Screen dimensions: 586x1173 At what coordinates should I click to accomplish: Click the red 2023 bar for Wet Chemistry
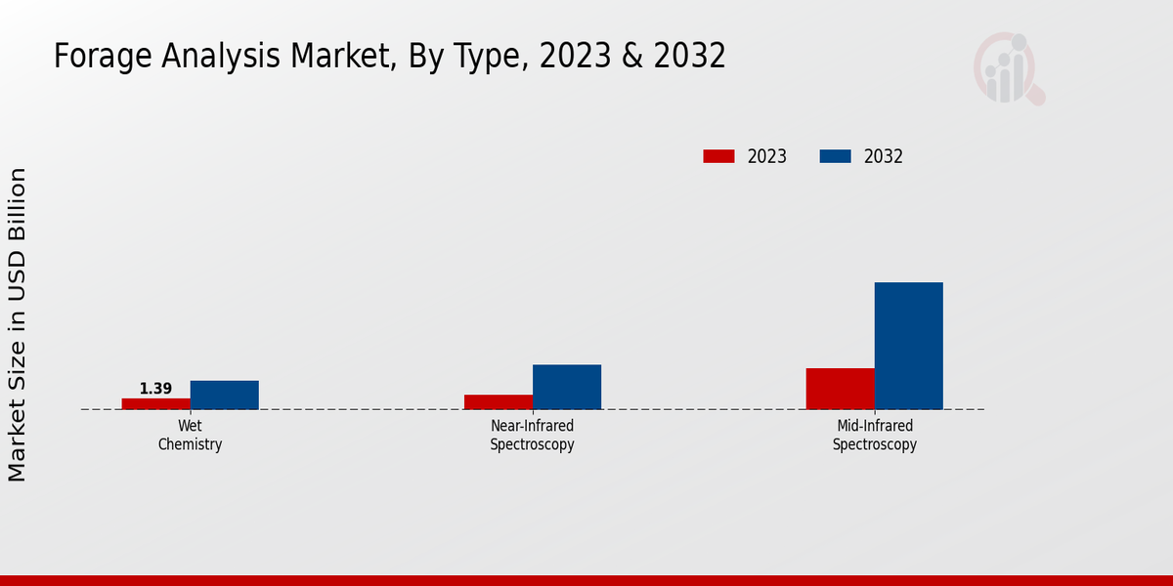pos(156,403)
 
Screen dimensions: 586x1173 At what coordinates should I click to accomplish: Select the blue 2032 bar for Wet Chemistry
pos(225,395)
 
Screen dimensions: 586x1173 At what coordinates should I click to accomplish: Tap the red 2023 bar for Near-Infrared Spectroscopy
pos(499,401)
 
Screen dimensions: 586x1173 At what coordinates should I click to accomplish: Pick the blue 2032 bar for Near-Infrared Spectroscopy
pos(567,387)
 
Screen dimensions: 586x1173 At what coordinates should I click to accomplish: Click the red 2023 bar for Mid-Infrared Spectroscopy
pos(841,389)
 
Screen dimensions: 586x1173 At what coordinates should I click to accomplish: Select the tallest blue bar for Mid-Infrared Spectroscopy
pos(909,346)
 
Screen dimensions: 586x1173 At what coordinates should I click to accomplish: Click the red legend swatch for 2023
pos(718,156)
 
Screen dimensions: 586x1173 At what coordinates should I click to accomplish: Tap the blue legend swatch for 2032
pos(835,156)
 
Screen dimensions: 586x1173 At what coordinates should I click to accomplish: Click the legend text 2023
pos(767,156)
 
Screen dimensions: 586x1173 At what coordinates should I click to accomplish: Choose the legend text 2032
pos(884,156)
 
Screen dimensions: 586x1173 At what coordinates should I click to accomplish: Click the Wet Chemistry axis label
pos(191,436)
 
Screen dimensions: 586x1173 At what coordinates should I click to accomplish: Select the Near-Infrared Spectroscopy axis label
pos(533,436)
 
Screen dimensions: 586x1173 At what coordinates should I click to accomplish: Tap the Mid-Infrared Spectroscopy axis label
pos(875,436)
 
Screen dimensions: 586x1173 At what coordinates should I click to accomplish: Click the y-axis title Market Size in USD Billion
pos(18,324)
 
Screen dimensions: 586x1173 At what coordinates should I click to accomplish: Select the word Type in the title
pos(484,57)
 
